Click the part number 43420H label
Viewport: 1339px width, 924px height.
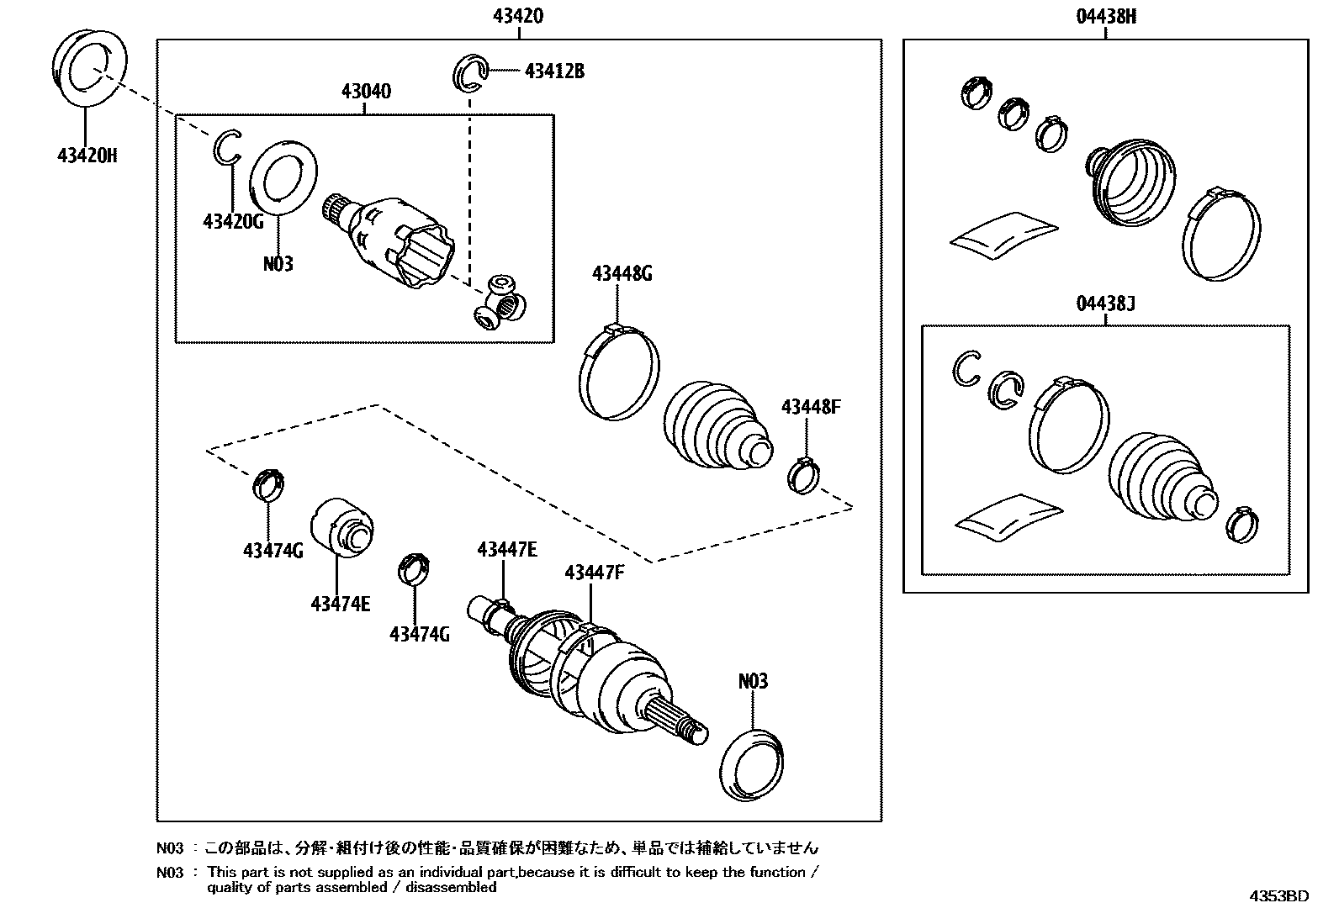[x=87, y=156]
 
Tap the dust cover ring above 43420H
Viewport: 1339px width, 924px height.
[x=90, y=68]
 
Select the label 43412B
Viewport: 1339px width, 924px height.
[x=553, y=71]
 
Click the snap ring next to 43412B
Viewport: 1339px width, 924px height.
[x=474, y=70]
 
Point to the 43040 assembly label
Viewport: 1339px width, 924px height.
[x=365, y=91]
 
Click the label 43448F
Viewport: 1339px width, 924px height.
[x=810, y=408]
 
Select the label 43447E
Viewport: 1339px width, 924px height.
[x=506, y=550]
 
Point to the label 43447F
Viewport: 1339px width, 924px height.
[x=594, y=573]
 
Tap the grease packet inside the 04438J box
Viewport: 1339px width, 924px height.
[x=1007, y=514]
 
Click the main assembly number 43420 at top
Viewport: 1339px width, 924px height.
[x=519, y=16]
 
